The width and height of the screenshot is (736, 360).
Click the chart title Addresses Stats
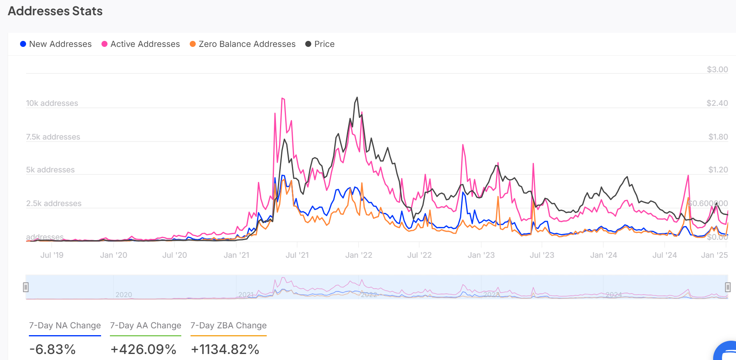click(x=55, y=11)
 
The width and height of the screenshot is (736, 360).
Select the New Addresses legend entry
click(x=56, y=44)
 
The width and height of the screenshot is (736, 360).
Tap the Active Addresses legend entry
click(x=141, y=44)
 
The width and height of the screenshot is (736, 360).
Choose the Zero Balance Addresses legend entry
click(x=243, y=44)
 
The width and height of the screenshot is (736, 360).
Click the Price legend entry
click(x=320, y=44)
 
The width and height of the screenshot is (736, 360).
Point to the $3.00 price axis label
click(x=717, y=70)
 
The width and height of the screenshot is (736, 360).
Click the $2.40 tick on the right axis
click(x=717, y=103)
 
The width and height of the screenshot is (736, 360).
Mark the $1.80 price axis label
click(x=718, y=137)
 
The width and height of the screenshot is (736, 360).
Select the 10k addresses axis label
click(x=52, y=103)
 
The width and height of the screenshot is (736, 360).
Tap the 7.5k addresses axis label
click(x=53, y=137)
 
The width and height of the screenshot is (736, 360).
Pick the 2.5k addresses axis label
click(x=54, y=204)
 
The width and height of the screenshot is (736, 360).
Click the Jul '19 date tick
click(x=52, y=255)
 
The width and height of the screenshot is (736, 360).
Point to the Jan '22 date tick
click(x=359, y=255)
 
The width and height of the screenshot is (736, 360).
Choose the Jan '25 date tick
click(x=714, y=255)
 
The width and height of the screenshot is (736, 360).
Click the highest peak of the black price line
click(x=357, y=97)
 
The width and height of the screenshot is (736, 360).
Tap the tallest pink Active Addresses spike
click(x=283, y=98)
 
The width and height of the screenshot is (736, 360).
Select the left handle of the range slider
click(x=26, y=287)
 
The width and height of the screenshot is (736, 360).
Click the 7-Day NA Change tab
click(x=65, y=326)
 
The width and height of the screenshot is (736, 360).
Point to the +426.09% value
click(x=144, y=350)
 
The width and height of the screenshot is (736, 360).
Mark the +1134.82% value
click(x=225, y=350)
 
